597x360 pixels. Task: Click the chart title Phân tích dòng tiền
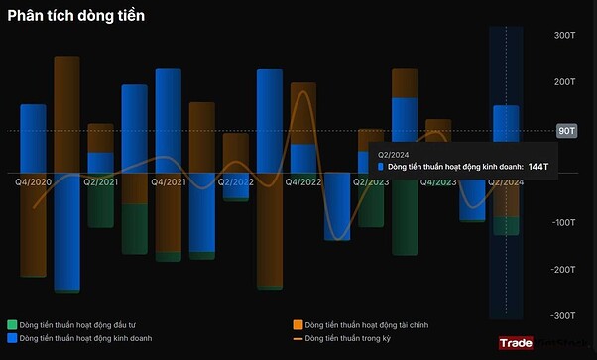coord(76,16)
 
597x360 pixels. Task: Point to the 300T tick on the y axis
coord(564,36)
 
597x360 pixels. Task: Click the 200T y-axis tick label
coord(564,82)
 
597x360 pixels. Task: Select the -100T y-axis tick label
coord(563,222)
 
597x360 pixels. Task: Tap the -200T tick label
coord(563,269)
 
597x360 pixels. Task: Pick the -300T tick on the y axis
coord(563,315)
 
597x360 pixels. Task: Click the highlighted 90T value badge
coord(566,130)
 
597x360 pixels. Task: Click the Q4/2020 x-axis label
coord(34,182)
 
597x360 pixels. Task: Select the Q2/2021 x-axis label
coord(101,182)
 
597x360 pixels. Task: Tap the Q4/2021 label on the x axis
coord(169,182)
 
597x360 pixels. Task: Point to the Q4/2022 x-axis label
coord(303,182)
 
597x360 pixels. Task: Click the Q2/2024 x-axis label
coord(506,182)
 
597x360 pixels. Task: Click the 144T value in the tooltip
coord(539,167)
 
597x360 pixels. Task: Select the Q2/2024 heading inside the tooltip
coord(394,154)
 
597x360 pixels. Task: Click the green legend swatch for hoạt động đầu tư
coord(12,325)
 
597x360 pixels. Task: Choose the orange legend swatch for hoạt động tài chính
coord(298,325)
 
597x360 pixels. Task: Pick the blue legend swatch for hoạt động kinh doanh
coord(12,339)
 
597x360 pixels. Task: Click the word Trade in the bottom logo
coord(517,343)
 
